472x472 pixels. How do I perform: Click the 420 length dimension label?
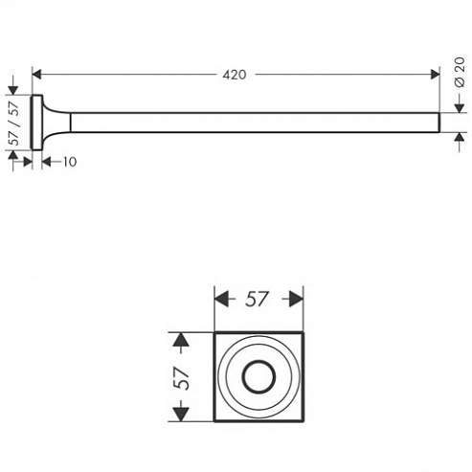235,75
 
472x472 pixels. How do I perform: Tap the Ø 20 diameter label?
460,72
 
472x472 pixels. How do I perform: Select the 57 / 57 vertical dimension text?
14,124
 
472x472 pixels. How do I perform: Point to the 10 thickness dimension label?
70,162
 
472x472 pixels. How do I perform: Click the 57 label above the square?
257,300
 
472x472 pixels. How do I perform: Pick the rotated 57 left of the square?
181,378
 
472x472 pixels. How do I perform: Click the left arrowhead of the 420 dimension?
37,75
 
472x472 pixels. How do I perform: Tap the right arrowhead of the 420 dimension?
435,75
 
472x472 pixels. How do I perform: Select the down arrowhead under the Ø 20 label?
460,108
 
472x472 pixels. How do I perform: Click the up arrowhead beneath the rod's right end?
460,137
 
